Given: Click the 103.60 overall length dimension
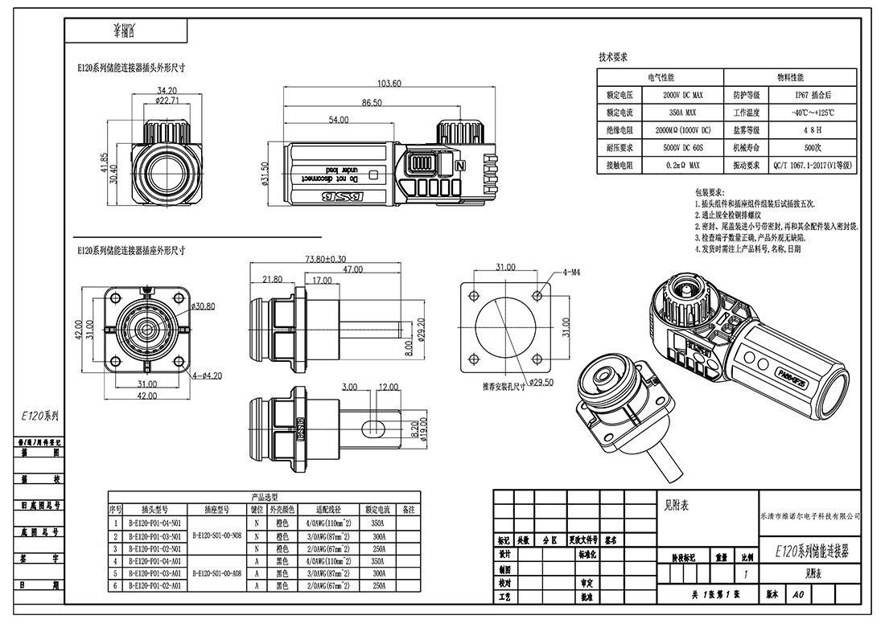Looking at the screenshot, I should click(389, 84).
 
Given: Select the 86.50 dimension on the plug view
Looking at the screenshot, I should click(371, 103).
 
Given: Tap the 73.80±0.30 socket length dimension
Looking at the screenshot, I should click(326, 259).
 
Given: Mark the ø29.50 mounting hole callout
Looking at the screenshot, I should click(540, 382).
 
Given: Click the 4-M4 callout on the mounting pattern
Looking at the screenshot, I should click(572, 273).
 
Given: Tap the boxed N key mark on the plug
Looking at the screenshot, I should click(460, 165).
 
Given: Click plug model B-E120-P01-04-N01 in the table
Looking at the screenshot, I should click(154, 522).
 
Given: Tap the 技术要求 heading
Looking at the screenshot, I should click(613, 57).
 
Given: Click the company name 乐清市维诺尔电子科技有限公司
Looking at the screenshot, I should click(810, 515).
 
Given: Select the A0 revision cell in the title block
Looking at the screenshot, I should click(797, 596).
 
